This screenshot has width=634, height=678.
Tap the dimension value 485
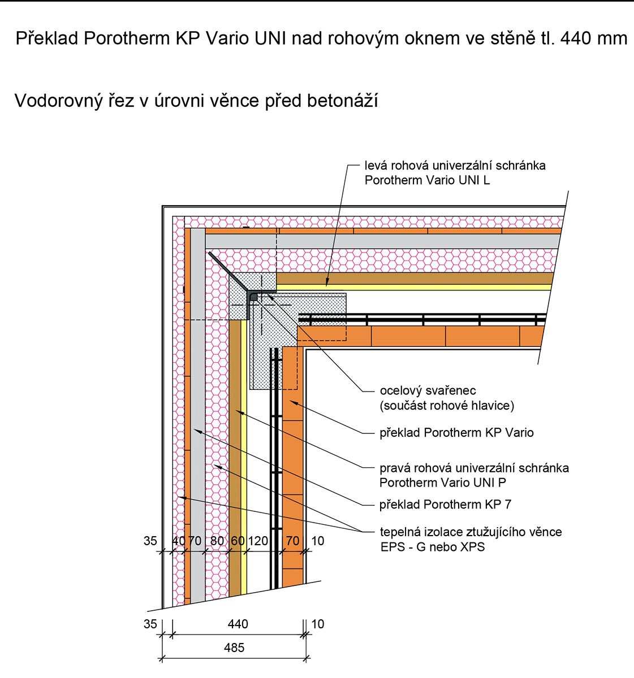point(234,647)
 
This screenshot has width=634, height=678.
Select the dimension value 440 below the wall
point(238,624)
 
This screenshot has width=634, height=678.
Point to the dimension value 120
point(258,541)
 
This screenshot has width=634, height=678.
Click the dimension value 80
point(217,541)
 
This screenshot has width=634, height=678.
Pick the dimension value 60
point(238,541)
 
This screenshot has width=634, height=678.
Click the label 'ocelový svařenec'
point(428,390)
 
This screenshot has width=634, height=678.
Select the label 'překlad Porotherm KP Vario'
point(456,433)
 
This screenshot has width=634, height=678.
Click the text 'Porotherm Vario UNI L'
point(427,180)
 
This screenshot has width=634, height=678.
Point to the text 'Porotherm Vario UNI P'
point(443,483)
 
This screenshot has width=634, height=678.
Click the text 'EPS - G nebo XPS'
point(433,547)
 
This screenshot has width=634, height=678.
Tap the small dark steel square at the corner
point(254,296)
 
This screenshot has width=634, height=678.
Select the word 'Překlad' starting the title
point(47,38)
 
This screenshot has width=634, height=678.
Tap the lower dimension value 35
point(150,624)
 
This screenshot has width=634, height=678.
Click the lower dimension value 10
point(318,624)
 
